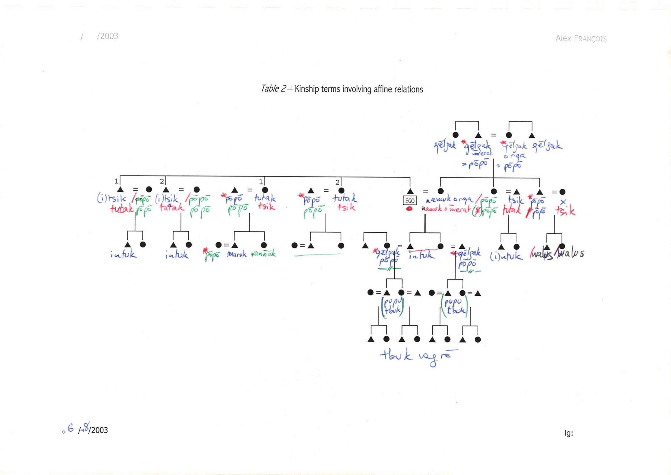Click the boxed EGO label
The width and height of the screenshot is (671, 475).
[x=410, y=201]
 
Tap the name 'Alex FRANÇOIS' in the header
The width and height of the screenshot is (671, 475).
[x=581, y=38]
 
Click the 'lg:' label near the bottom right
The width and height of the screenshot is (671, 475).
[x=568, y=433]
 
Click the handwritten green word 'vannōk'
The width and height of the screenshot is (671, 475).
[x=263, y=253]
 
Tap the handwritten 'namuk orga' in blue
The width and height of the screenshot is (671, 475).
[x=448, y=200]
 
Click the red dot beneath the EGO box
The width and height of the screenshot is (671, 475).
[x=409, y=208]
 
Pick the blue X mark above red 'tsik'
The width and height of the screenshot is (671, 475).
[x=563, y=202]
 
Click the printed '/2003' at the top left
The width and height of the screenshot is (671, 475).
[x=107, y=36]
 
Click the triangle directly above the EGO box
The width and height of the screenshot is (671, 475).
[x=410, y=191]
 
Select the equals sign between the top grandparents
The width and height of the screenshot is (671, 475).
[x=493, y=135]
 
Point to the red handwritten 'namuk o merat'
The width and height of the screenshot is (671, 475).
[x=446, y=209]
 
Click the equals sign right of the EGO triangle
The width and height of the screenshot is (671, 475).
[x=425, y=191]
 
